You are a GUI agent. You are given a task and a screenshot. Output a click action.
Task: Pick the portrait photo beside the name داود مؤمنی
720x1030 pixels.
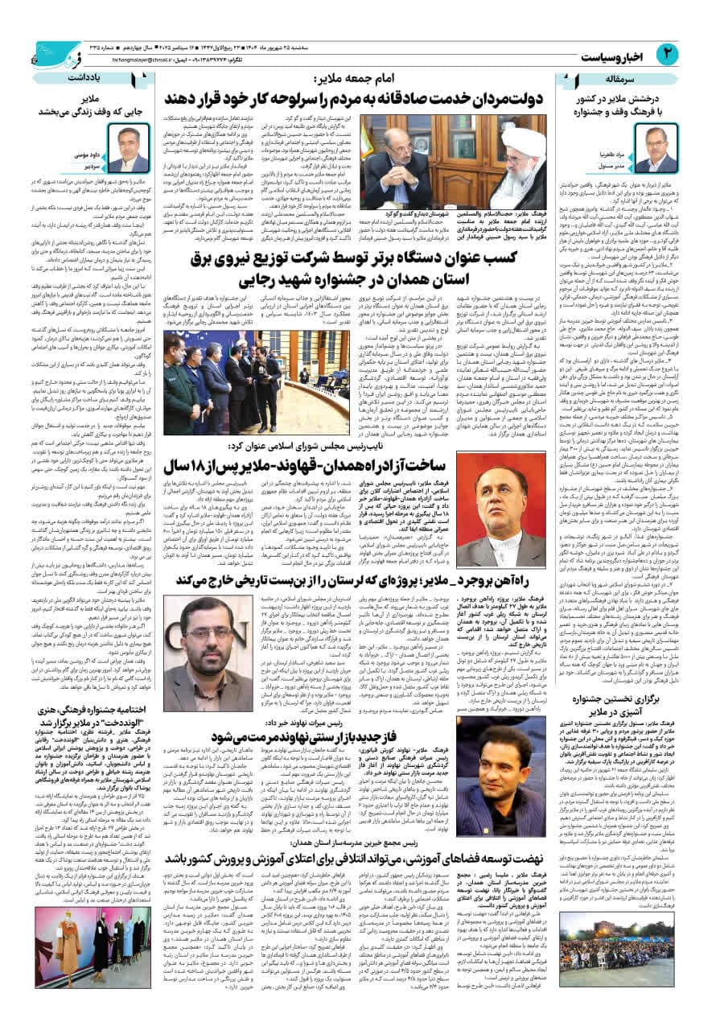click(128, 147)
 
